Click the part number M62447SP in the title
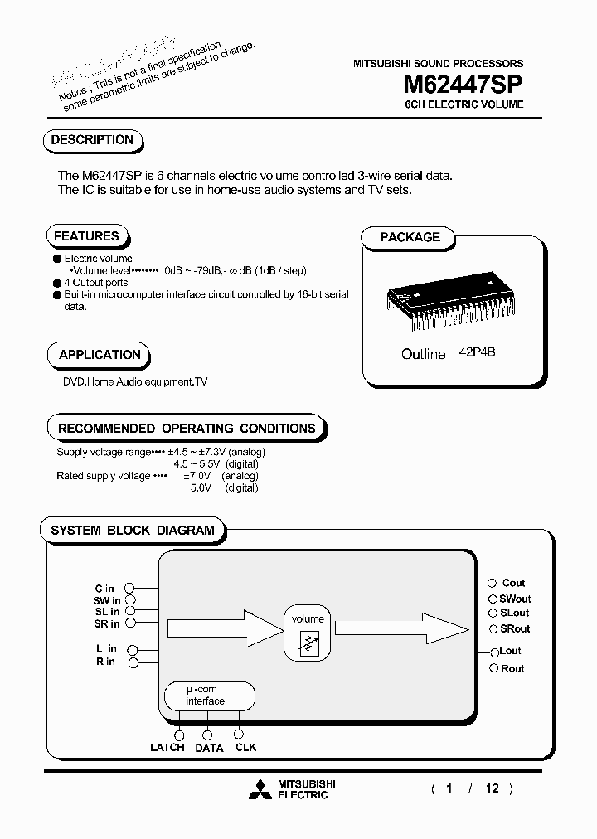click(x=463, y=85)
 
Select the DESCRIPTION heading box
click(x=92, y=141)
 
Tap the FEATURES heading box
click(x=86, y=236)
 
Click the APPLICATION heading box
click(x=99, y=355)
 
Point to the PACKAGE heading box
click(x=410, y=237)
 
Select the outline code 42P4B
click(x=478, y=352)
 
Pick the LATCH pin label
click(x=167, y=748)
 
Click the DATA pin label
click(x=209, y=748)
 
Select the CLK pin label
click(x=245, y=748)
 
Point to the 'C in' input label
click(x=104, y=589)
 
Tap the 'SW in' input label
click(x=106, y=600)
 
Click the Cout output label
click(x=513, y=584)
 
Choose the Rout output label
click(x=512, y=668)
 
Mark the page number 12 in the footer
click(x=493, y=788)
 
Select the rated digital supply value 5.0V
click(x=201, y=488)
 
